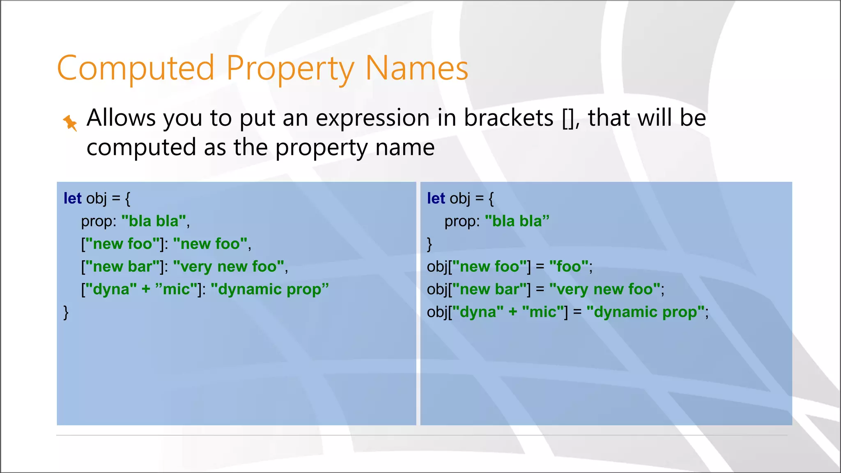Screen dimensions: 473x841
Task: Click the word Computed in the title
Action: click(136, 68)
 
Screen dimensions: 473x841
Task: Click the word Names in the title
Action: click(416, 68)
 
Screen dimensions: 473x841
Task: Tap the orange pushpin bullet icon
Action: click(70, 123)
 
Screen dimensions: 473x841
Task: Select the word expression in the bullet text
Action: click(373, 118)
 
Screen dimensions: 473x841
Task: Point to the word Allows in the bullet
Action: click(121, 118)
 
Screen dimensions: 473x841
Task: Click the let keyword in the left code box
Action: click(73, 199)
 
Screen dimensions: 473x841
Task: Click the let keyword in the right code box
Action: click(436, 199)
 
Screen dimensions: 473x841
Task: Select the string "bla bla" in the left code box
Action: click(154, 221)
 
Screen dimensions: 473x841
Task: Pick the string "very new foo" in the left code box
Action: click(228, 267)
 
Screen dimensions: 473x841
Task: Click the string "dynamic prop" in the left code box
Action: click(269, 289)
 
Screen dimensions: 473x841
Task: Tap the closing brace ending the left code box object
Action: click(66, 312)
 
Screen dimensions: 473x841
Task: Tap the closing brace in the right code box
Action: click(430, 244)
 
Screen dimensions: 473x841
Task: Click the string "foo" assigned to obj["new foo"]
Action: click(569, 267)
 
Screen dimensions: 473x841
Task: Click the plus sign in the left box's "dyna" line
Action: click(146, 289)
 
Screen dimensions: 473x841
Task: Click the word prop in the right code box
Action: click(460, 222)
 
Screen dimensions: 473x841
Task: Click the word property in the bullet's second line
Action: click(322, 148)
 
